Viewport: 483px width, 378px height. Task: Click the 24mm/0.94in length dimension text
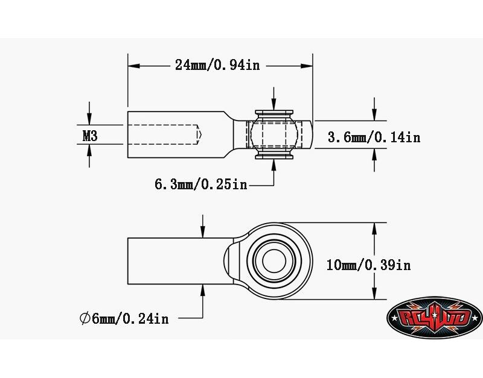tap(217, 65)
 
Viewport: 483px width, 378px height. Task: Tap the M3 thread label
tap(90, 136)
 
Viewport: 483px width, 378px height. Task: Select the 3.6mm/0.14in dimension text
tap(374, 137)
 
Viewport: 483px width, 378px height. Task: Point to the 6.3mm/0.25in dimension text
tap(201, 184)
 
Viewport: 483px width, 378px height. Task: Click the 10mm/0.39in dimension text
tap(368, 265)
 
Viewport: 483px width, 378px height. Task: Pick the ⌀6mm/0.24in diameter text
tap(124, 319)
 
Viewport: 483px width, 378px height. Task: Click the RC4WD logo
tap(434, 318)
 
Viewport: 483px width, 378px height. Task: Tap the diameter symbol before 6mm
tap(85, 319)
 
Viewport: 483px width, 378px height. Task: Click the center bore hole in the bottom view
tap(274, 261)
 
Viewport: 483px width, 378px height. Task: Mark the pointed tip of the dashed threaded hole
tap(201, 134)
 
